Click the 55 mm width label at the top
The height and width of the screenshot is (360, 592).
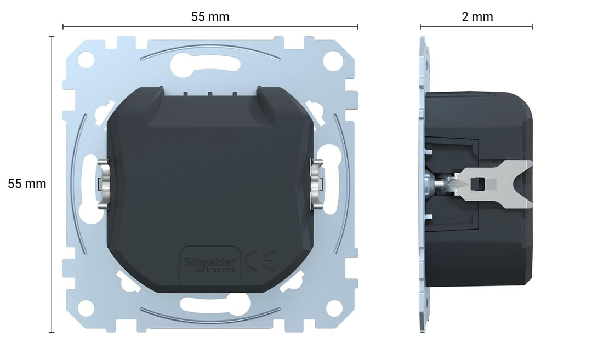[x=210, y=17]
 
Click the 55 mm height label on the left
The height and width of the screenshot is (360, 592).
[x=27, y=184]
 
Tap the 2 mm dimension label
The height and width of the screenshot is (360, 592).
[x=477, y=17]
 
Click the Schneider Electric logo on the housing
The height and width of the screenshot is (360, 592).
[x=210, y=265]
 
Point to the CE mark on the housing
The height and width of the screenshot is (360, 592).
[x=260, y=261]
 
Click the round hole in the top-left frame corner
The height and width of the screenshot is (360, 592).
[x=86, y=59]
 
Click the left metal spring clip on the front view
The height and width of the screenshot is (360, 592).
[x=103, y=184]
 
